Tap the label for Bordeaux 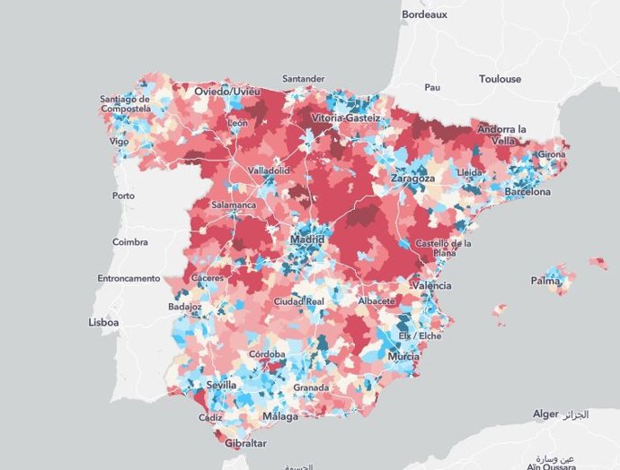[x=423, y=14]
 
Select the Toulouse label [x=500, y=79]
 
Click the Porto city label [x=123, y=196]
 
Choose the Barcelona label [x=527, y=192]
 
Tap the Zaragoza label [x=412, y=178]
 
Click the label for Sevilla [x=221, y=385]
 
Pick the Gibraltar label [x=244, y=444]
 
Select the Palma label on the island [x=545, y=281]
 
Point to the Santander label [x=305, y=79]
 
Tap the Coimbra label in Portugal [x=130, y=241]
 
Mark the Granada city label [x=311, y=388]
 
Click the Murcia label [x=403, y=357]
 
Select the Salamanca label [x=234, y=205]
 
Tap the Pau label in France [x=432, y=87]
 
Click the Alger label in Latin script [x=545, y=414]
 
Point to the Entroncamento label [x=128, y=278]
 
